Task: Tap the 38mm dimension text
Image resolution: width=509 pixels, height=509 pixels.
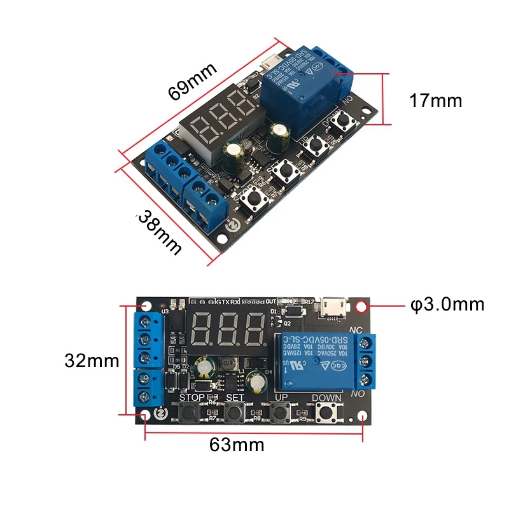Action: click(158, 234)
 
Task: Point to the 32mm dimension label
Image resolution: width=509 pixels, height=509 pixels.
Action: click(92, 361)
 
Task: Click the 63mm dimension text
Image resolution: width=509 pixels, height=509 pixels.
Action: click(237, 445)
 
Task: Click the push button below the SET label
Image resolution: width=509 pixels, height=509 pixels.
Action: click(235, 414)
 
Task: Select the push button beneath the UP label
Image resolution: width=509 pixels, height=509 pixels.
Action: click(280, 414)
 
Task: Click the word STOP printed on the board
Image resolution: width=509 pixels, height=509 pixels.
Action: click(192, 398)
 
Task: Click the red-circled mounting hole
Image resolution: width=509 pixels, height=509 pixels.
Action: click(362, 306)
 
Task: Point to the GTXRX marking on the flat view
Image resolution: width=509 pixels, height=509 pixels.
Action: click(227, 301)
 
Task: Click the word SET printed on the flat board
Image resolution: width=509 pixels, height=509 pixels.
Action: click(235, 398)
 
